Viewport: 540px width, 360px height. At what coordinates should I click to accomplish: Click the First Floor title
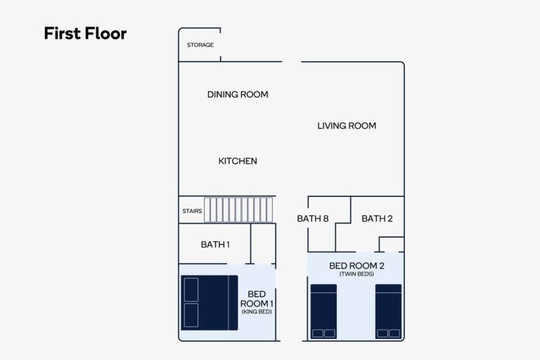click(x=85, y=34)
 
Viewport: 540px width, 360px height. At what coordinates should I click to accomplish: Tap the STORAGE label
click(x=200, y=45)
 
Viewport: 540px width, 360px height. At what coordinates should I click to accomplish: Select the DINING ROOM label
click(x=238, y=94)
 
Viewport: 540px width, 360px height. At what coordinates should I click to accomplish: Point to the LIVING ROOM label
click(x=347, y=126)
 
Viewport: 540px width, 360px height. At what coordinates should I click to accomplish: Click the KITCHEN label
click(x=238, y=161)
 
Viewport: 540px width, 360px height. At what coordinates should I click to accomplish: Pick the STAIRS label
click(x=192, y=211)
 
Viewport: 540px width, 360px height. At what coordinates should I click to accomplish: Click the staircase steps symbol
click(x=238, y=210)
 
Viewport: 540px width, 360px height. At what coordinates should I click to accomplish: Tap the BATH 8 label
click(x=312, y=219)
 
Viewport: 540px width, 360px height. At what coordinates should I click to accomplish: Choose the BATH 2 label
click(x=377, y=219)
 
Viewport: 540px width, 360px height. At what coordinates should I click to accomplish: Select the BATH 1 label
click(x=215, y=244)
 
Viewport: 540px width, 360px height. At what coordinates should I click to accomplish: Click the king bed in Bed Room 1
click(x=210, y=302)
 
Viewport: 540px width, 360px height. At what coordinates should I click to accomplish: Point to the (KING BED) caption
click(x=257, y=311)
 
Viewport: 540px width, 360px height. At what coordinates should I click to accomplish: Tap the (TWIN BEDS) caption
click(x=356, y=274)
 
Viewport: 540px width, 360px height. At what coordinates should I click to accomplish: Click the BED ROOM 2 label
click(x=356, y=266)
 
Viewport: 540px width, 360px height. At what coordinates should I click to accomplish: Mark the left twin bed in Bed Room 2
click(x=323, y=311)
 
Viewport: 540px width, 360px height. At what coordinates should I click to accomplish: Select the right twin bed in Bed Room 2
click(x=388, y=311)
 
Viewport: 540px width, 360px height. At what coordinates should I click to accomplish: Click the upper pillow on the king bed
click(x=191, y=290)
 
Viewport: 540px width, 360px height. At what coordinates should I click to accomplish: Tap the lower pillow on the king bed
click(x=191, y=315)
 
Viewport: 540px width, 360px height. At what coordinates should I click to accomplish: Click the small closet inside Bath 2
click(x=392, y=244)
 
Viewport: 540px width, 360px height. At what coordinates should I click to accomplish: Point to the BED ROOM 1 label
click(x=257, y=299)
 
